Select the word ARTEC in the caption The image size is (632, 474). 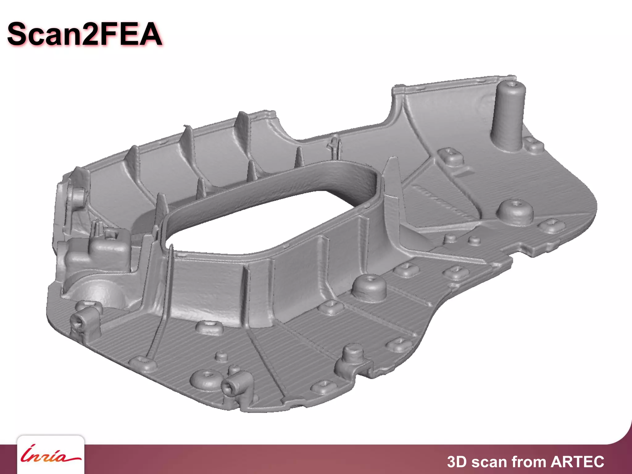pos(577,462)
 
